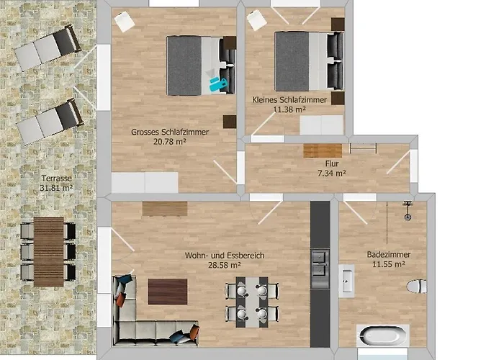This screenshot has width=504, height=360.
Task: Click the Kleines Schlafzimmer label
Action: pyautogui.click(x=289, y=99)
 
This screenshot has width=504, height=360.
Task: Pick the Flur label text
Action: pyautogui.click(x=332, y=163)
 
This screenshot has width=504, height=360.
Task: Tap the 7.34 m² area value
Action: pyautogui.click(x=332, y=174)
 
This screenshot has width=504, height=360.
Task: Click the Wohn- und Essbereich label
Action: pyautogui.click(x=224, y=255)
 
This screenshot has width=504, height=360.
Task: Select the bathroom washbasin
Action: pyautogui.click(x=347, y=281)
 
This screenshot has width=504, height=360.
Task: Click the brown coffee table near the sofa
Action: pyautogui.click(x=168, y=291)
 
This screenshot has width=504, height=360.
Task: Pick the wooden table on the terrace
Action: pyautogui.click(x=49, y=251)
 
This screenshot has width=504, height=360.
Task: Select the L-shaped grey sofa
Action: pyautogui.click(x=144, y=320)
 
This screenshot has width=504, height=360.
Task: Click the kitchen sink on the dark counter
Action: pyautogui.click(x=320, y=257)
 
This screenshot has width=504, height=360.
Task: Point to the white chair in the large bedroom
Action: pyautogui.click(x=125, y=22)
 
